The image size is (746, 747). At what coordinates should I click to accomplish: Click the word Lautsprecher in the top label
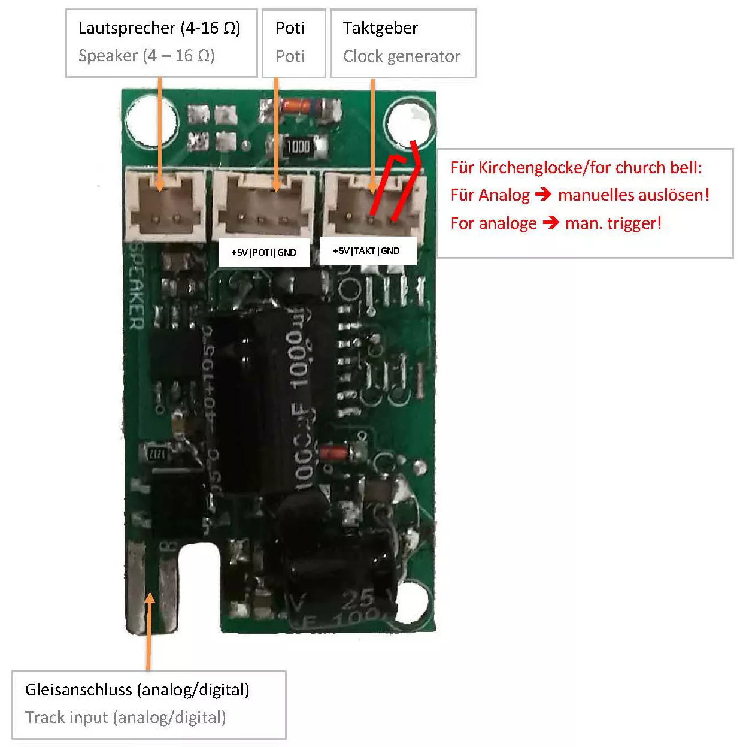[127, 28]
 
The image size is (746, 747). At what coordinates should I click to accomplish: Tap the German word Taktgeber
[380, 28]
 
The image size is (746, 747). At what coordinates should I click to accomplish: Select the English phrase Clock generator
[401, 56]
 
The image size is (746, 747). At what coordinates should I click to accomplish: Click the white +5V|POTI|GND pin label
[263, 253]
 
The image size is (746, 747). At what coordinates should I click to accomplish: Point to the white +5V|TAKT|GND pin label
[366, 251]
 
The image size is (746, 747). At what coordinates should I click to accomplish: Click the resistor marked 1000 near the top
[298, 146]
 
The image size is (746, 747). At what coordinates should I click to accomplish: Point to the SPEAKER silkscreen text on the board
[137, 286]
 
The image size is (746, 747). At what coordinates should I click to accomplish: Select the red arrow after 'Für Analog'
[543, 195]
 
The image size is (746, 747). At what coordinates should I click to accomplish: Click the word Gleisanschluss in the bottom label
[78, 689]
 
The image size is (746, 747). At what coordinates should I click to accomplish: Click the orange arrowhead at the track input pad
[149, 598]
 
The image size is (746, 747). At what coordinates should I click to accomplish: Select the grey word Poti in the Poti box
[290, 56]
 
